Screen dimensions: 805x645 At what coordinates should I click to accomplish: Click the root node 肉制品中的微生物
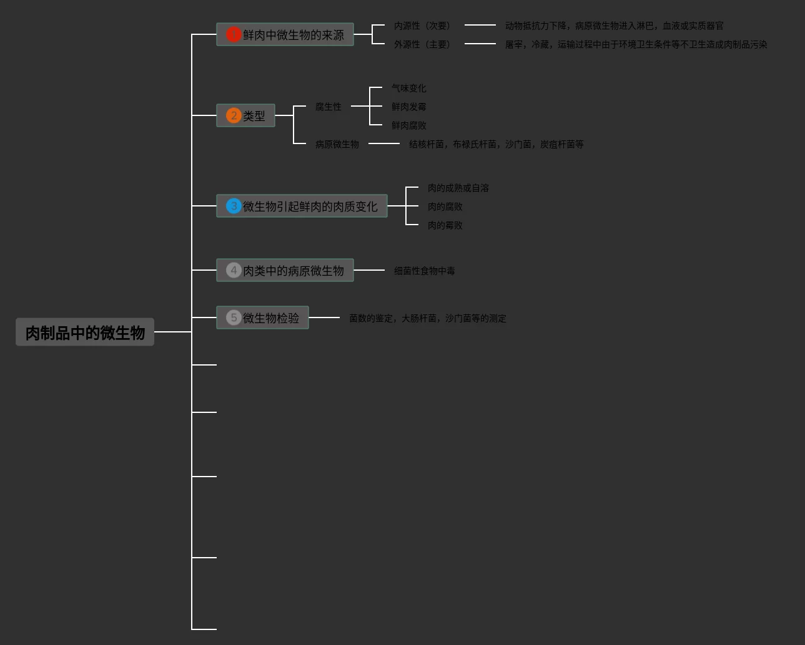[x=85, y=332]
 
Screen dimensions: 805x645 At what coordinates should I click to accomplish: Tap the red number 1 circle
[x=234, y=34]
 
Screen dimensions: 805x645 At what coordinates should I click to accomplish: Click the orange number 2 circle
[x=234, y=115]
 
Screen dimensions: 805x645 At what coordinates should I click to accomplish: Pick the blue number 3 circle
[x=234, y=206]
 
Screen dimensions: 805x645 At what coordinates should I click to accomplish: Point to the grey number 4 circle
[x=234, y=270]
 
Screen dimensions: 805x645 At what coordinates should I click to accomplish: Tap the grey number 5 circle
[x=234, y=318]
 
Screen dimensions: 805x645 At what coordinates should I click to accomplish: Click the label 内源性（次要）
[x=422, y=26]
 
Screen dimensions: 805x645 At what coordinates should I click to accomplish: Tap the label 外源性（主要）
[x=422, y=44]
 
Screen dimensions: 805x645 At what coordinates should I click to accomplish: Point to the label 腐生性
[x=328, y=107]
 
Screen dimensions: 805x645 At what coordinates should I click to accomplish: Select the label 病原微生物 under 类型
[x=337, y=144]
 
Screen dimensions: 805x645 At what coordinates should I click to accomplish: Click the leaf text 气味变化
[x=409, y=88]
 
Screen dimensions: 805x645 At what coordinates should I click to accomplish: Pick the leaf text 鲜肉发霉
[x=409, y=107]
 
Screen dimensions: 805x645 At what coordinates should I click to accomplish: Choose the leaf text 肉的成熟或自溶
[x=458, y=188]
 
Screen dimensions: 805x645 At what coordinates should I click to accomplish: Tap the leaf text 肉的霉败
[x=445, y=225]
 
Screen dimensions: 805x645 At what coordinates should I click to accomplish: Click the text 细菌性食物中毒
[x=425, y=271]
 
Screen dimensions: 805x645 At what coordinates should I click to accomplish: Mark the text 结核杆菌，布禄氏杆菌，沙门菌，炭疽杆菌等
[x=496, y=144]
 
